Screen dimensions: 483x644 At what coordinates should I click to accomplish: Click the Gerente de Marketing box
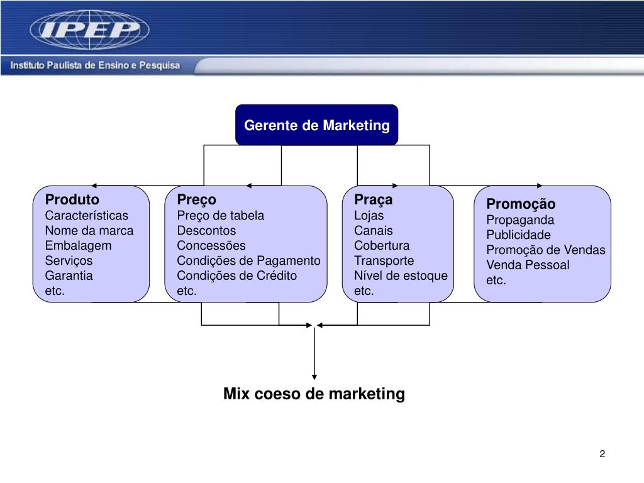click(316, 125)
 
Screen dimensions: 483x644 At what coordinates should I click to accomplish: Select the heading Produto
click(72, 200)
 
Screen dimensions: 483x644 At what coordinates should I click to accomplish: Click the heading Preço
click(196, 200)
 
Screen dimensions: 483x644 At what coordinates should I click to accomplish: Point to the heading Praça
click(373, 200)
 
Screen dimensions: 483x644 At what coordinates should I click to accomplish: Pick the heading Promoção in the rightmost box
click(521, 204)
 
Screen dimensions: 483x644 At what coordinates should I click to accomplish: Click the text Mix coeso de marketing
click(314, 394)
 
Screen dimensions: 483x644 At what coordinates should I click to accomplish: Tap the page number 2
click(602, 455)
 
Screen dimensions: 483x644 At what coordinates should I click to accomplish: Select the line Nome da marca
click(89, 230)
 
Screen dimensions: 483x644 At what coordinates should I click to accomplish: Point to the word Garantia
click(69, 275)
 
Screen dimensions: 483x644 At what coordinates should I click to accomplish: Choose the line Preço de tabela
click(220, 216)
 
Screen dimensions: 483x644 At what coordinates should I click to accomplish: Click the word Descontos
click(206, 230)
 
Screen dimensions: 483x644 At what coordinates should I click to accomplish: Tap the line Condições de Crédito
click(236, 275)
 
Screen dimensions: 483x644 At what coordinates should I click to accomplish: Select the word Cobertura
click(381, 245)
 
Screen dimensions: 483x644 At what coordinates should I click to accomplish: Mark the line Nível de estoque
click(401, 275)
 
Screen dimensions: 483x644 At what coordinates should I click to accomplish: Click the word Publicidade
click(518, 235)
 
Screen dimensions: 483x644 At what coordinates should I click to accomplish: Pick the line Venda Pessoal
click(528, 265)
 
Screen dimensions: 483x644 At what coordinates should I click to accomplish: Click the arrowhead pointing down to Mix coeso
click(314, 377)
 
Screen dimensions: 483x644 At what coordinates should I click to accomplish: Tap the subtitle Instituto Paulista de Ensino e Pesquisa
click(94, 65)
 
